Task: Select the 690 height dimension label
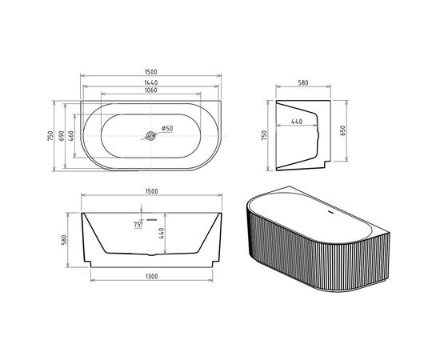pyautogui.click(x=62, y=136)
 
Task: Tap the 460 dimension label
pyautogui.click(x=71, y=136)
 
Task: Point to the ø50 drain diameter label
pyautogui.click(x=167, y=129)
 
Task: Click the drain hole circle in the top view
pyautogui.click(x=150, y=136)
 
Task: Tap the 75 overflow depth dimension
pyautogui.click(x=137, y=226)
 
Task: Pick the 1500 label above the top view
pyautogui.click(x=151, y=73)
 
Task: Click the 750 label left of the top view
pyautogui.click(x=50, y=136)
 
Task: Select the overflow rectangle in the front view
pyautogui.click(x=151, y=219)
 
